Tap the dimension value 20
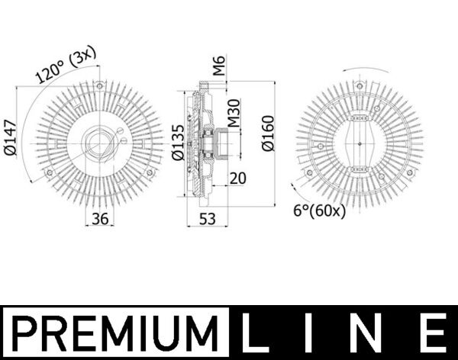coord(238,178)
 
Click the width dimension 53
coord(206,219)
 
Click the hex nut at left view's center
coord(98,142)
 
